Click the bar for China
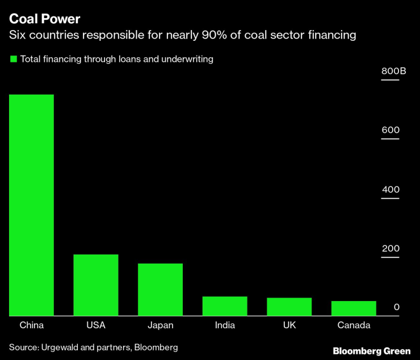(x=31, y=205)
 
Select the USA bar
(x=96, y=285)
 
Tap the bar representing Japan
(x=160, y=289)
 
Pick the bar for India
(x=225, y=306)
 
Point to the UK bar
(x=289, y=306)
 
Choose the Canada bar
(x=354, y=308)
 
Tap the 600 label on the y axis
(x=390, y=130)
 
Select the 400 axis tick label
(x=390, y=189)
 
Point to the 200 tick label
(x=390, y=248)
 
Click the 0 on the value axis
(x=397, y=307)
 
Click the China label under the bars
(x=31, y=325)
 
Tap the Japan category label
(x=160, y=325)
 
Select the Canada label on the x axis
(x=354, y=325)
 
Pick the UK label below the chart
(x=289, y=325)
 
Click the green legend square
(x=13, y=58)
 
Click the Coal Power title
(x=44, y=18)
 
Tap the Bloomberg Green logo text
(x=372, y=351)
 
